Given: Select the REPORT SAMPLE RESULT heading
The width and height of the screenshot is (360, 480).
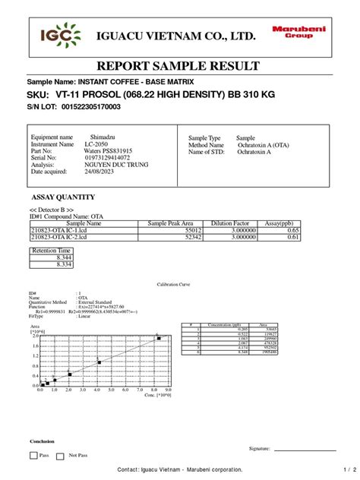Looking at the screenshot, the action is (x=179, y=66).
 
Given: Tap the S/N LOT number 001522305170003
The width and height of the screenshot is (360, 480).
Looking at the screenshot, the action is (x=90, y=107).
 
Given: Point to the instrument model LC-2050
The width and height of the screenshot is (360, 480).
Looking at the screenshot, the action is (x=96, y=144).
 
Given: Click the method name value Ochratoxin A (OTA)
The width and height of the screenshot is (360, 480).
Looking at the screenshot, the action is (x=262, y=144).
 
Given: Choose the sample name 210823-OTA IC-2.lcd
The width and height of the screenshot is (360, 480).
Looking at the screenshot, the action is (x=60, y=237).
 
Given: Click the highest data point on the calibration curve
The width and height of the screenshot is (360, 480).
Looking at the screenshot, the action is (x=159, y=338).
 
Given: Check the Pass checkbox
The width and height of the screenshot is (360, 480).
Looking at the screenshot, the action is (x=33, y=455).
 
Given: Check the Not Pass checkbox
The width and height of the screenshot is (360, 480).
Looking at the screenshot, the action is (x=63, y=455).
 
